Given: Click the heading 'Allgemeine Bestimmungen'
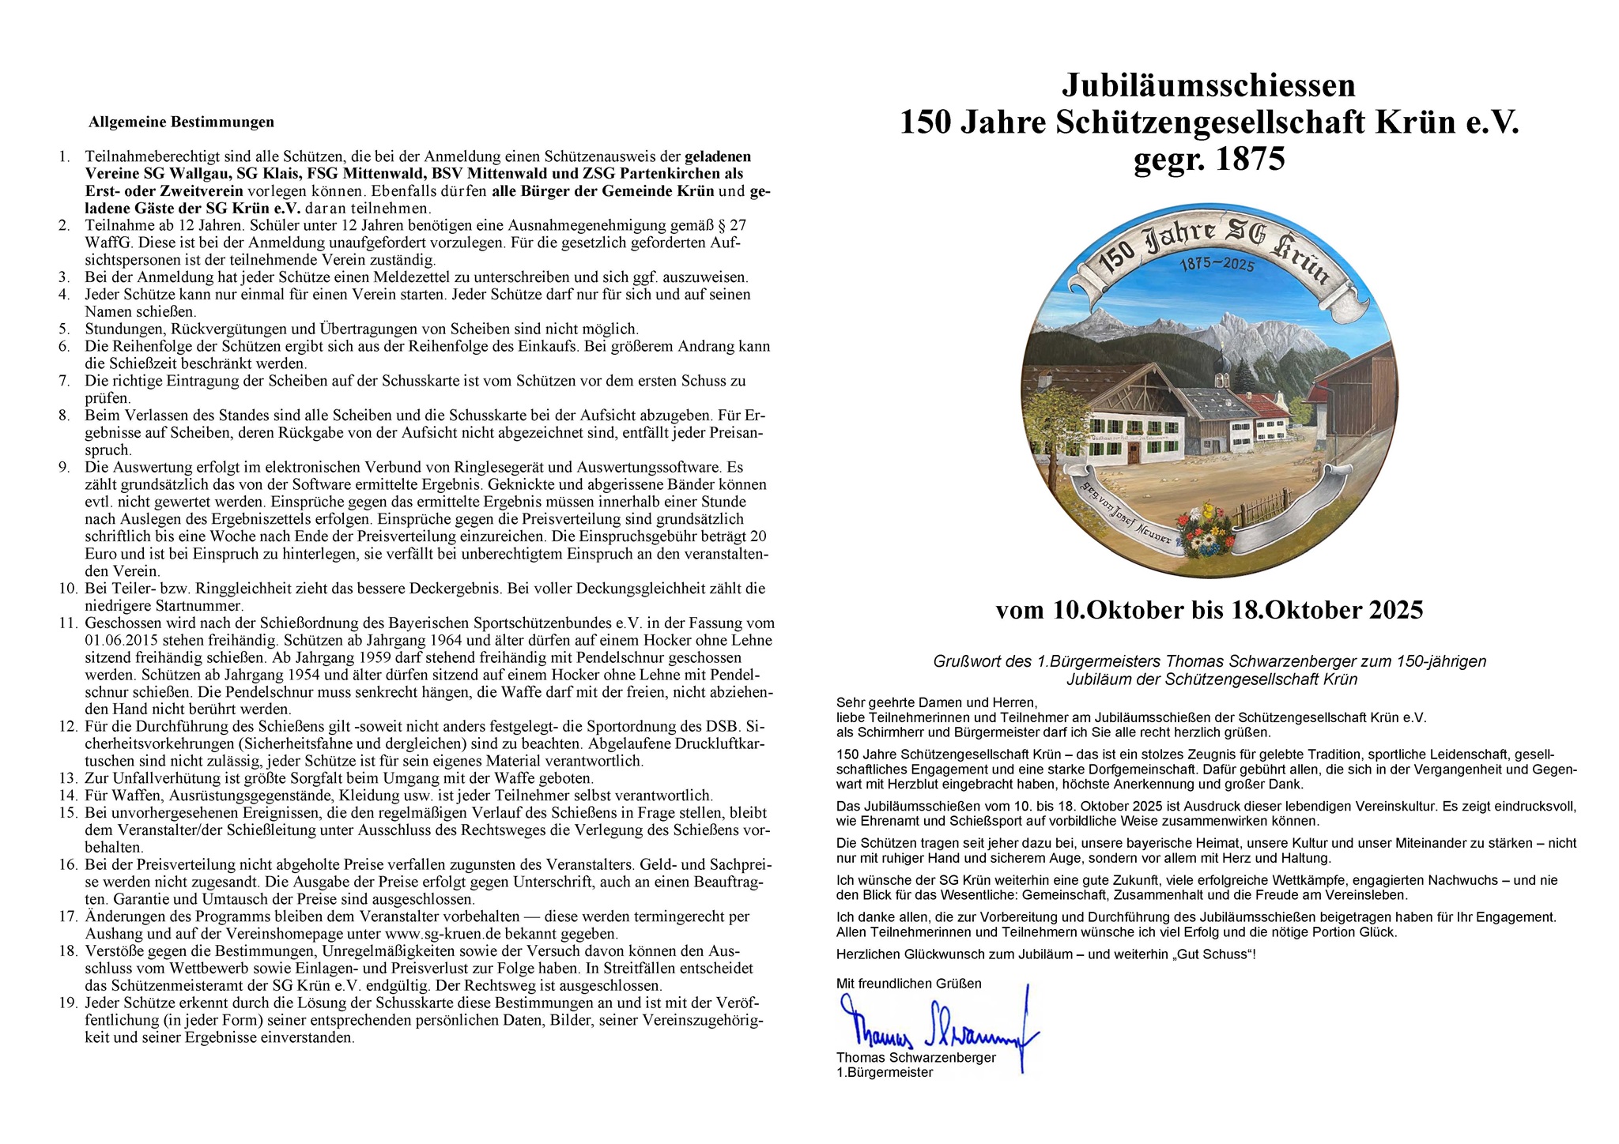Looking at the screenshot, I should click(x=181, y=122).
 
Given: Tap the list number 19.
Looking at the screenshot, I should click(x=67, y=1003).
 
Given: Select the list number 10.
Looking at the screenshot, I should click(x=67, y=589).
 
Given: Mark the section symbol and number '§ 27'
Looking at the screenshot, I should click(x=731, y=225).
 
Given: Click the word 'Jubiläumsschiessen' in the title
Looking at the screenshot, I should click(x=1209, y=85).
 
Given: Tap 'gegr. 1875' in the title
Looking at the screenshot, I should click(x=1209, y=160).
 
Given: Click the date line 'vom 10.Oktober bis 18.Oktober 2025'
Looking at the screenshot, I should click(x=1209, y=610).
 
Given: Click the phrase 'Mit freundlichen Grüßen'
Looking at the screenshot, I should click(x=908, y=984).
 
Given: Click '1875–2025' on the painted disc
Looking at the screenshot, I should click(x=1217, y=265).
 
